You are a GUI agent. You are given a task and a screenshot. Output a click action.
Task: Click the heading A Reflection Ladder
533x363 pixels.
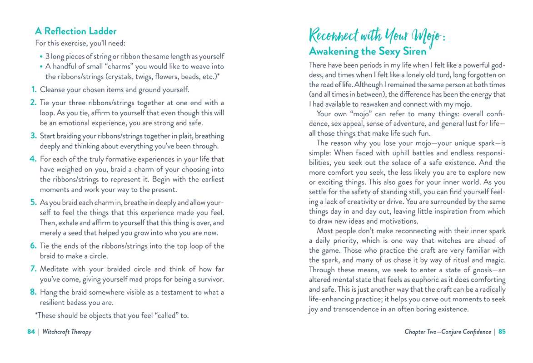click(x=76, y=31)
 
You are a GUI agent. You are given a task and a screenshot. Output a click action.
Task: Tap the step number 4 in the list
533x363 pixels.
click(x=33, y=159)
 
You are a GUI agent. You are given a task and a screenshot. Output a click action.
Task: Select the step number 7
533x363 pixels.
click(x=33, y=269)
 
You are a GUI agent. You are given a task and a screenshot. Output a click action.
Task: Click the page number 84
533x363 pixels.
click(x=31, y=332)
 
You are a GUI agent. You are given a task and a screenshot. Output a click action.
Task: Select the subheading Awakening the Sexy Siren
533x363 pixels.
click(x=368, y=51)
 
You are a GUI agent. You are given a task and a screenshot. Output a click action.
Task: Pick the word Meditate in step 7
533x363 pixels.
click(x=55, y=269)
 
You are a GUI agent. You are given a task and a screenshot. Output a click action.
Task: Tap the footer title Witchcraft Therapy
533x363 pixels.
click(x=67, y=332)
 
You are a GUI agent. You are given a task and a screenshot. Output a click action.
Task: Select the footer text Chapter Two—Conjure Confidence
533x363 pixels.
click(x=448, y=332)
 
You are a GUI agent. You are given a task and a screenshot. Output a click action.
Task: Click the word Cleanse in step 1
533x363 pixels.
click(x=54, y=89)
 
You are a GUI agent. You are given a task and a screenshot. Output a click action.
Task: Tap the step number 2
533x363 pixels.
click(x=33, y=103)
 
